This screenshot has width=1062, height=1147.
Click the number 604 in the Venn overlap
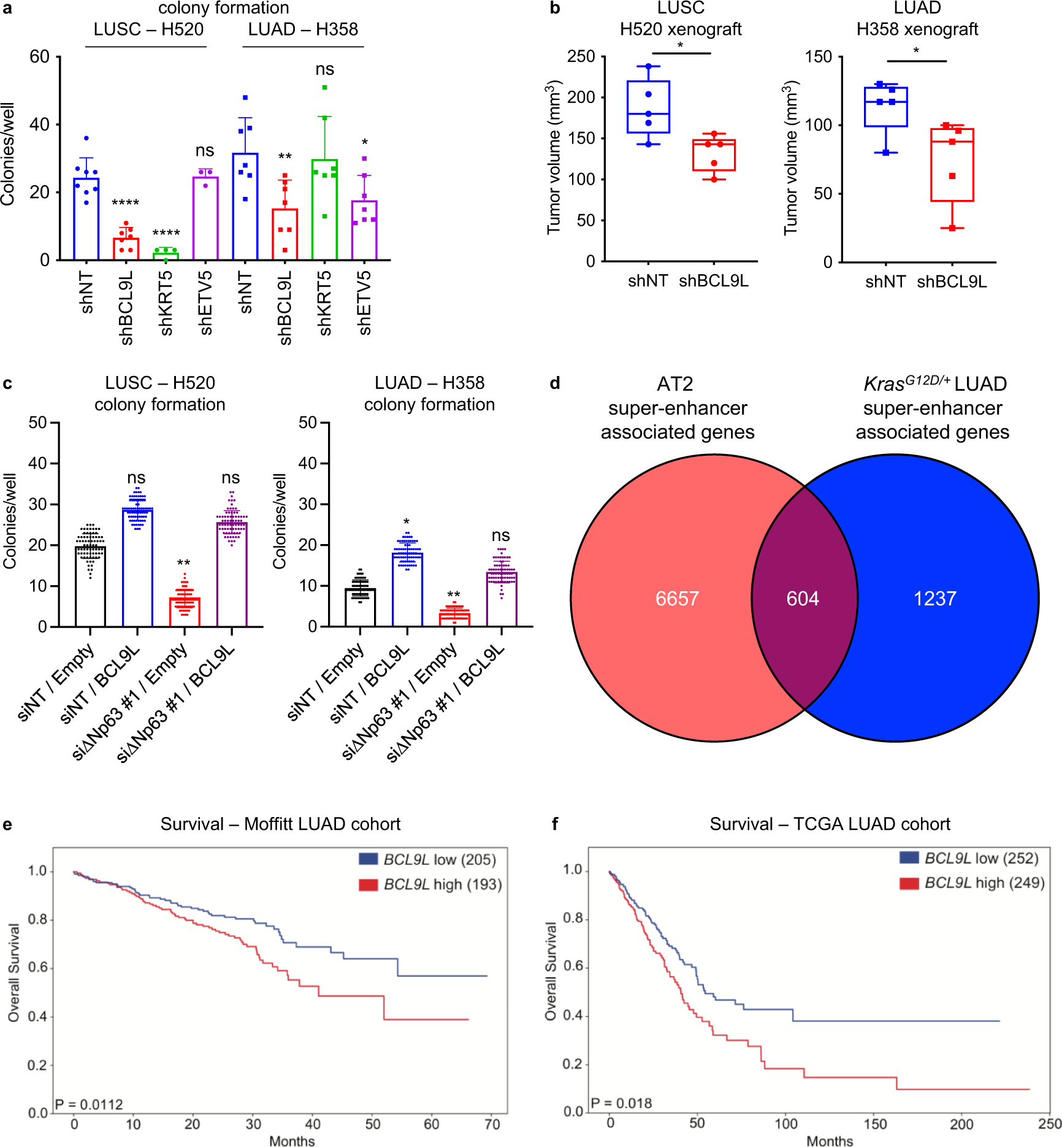802,599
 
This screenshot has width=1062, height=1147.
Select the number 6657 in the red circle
677,599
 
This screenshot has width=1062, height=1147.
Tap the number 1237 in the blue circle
934,599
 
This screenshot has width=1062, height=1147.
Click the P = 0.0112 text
90,1105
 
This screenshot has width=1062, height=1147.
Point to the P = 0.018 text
622,1103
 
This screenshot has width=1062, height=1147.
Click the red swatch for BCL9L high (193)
368,884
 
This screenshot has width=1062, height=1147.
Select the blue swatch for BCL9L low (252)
909,858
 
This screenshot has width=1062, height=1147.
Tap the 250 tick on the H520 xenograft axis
581,56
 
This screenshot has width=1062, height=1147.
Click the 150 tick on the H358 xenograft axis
818,56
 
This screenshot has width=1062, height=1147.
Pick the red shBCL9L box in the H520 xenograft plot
714,155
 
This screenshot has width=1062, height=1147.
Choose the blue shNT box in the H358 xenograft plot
885,107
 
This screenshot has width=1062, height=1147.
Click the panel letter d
554,383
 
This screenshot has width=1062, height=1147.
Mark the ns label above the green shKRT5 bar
324,69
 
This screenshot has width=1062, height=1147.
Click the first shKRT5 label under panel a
166,304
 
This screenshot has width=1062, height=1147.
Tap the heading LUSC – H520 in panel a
148,29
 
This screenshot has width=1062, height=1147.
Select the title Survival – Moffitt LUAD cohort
280,824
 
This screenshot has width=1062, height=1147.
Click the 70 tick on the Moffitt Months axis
492,1124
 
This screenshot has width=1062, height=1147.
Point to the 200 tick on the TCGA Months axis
961,1124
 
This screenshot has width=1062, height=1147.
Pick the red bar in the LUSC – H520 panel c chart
185,612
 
